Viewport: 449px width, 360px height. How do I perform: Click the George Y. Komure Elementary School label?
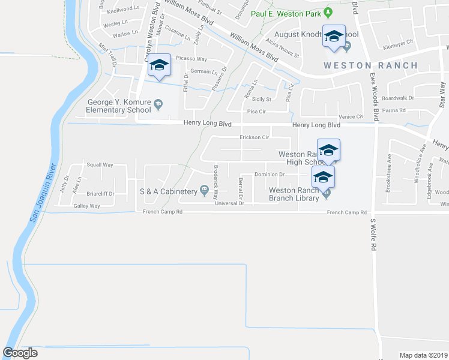point(118,106)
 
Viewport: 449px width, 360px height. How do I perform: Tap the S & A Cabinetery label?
point(169,191)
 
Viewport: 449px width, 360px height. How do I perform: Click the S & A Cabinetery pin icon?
point(205,191)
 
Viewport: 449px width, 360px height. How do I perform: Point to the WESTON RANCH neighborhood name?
point(362,65)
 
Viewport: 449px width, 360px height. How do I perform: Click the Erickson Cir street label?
point(254,137)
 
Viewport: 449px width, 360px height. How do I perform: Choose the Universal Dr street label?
point(229,203)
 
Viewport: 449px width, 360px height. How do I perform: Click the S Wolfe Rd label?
point(373,234)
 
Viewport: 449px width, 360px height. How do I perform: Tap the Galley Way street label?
point(86,206)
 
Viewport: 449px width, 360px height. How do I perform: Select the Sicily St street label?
point(262,99)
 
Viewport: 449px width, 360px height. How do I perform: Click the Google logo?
point(20,353)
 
